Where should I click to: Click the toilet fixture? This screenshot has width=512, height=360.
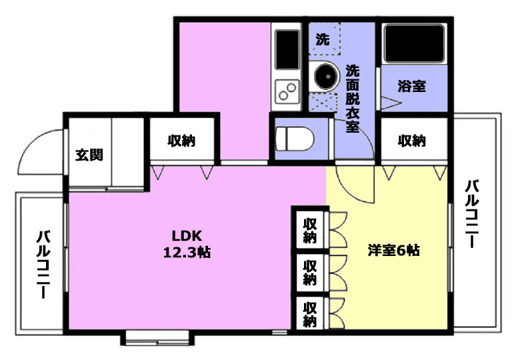(295, 139)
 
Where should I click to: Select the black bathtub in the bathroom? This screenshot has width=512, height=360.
(415, 43)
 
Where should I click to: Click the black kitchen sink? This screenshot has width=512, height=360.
(287, 49)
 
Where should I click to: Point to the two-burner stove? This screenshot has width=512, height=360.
(287, 91)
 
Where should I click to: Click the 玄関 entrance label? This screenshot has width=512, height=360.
(89, 155)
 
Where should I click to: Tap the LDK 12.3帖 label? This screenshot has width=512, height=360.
(187, 244)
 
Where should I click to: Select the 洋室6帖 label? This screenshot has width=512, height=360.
(393, 250)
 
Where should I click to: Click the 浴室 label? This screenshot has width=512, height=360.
(412, 86)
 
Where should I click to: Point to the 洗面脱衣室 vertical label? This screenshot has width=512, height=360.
(353, 98)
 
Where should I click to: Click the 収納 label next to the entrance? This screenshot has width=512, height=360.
(181, 141)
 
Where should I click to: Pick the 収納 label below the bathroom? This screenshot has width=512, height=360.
(412, 141)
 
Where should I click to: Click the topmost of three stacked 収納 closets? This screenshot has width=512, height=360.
(309, 230)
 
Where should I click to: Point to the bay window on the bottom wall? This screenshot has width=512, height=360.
(157, 338)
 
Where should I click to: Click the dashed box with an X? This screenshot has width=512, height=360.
(323, 101)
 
